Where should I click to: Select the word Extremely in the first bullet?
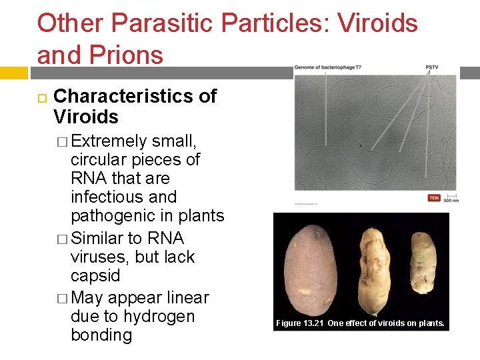click(x=109, y=141)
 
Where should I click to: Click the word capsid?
click(x=95, y=275)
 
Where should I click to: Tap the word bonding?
click(x=101, y=335)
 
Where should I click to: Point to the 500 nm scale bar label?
click(x=451, y=200)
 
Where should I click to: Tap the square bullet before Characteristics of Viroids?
click(x=41, y=97)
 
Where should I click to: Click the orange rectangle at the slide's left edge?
click(x=13, y=72)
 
